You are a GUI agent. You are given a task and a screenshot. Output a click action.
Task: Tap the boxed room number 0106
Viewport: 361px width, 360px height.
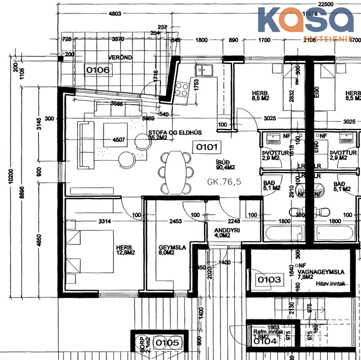pos(98,70)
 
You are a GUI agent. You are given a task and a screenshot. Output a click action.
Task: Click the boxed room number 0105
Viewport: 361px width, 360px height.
pos(167,343)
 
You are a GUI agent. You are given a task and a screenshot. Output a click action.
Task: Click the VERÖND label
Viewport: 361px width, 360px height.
pos(120,57)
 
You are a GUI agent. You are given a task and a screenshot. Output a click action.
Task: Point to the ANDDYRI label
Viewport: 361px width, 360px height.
pos(226,230)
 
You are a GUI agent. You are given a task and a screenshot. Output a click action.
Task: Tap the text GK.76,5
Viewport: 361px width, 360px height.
pos(224,182)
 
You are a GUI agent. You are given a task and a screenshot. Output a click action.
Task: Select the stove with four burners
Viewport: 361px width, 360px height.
pos(181,88)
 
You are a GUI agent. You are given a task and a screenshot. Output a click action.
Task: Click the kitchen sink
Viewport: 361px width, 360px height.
pos(205,70)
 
